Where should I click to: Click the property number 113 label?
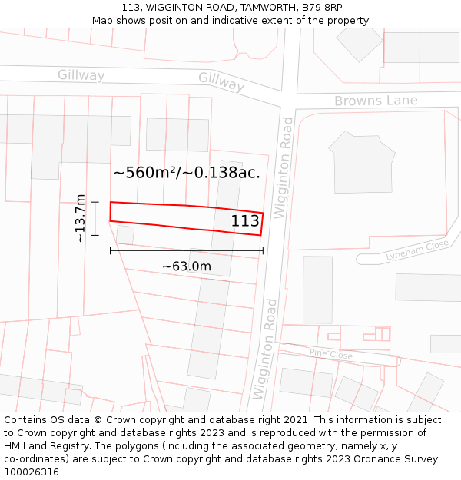tap(245, 221)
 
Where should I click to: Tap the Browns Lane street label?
tap(376, 101)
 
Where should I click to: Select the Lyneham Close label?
tap(417, 250)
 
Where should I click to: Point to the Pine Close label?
tap(330, 354)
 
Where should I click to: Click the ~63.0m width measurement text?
tap(186, 266)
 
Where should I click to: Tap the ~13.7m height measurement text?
tap(80, 218)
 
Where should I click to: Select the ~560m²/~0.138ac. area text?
tap(187, 172)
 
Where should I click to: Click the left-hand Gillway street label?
tap(81, 74)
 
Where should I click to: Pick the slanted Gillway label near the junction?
tap(221, 81)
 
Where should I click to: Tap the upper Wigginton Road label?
tap(286, 167)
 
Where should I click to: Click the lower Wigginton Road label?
tap(264, 348)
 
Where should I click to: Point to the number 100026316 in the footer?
tap(32, 472)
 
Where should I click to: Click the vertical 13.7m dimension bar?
tap(95, 218)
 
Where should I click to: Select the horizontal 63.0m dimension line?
tap(186, 250)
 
